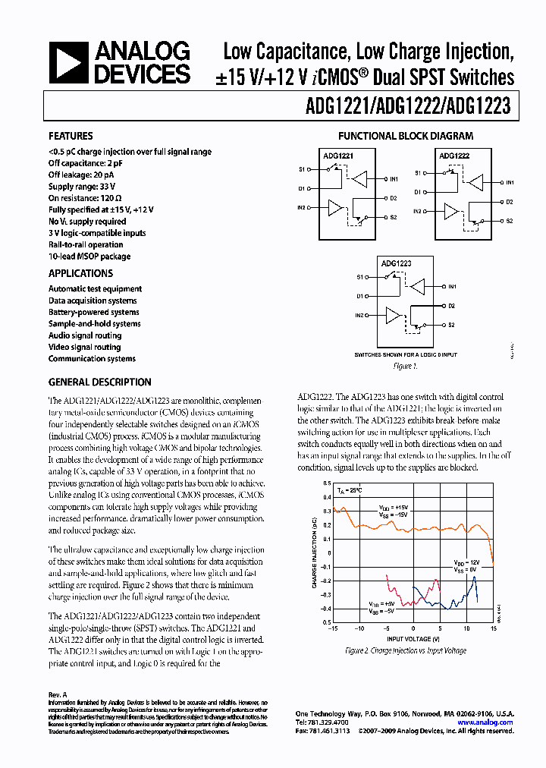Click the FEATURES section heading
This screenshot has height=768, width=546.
point(71,137)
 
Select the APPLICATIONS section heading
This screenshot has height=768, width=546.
point(80,273)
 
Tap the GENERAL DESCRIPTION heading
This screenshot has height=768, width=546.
point(99,382)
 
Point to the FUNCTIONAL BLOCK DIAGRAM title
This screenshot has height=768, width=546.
point(406,137)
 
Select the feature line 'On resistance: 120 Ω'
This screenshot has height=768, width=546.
point(86,198)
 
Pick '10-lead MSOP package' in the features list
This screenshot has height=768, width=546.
point(89,257)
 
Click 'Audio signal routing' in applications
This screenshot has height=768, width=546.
point(85,335)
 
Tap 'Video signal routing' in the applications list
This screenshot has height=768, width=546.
point(84,347)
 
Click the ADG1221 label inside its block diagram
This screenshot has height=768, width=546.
point(338,155)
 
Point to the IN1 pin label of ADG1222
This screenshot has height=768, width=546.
point(510,183)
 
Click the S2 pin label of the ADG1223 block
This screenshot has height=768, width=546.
point(451,325)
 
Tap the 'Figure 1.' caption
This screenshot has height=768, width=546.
point(405,367)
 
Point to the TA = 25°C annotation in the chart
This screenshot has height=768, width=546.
point(350,491)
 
